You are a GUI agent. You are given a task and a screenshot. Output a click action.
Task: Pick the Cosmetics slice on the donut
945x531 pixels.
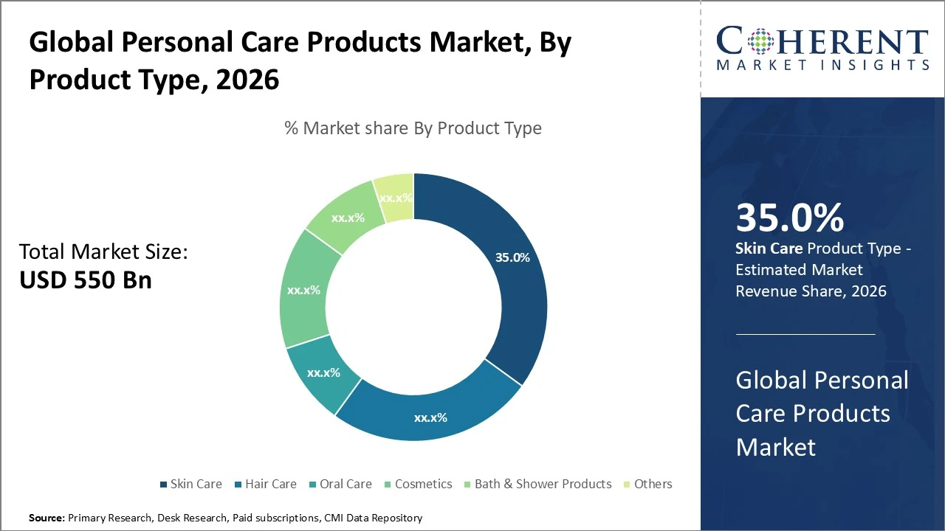(x=303, y=291)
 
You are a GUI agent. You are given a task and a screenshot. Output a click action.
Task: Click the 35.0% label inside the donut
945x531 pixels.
(x=512, y=258)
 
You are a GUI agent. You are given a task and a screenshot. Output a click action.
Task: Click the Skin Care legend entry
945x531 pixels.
(x=190, y=484)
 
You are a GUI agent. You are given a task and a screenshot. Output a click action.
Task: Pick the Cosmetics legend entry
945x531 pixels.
(x=418, y=484)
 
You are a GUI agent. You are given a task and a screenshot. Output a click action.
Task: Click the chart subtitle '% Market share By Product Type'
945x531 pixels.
(x=413, y=128)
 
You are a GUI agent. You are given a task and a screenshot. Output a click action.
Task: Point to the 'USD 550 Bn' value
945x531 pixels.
(x=85, y=280)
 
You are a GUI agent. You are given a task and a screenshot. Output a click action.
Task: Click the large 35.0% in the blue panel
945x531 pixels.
(x=789, y=218)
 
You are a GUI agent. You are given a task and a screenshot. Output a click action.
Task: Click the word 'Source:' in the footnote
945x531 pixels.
(x=47, y=518)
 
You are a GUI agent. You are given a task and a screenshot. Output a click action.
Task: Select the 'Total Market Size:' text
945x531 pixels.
(x=103, y=252)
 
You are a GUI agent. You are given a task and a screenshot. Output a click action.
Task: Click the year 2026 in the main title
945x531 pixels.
(x=247, y=79)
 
